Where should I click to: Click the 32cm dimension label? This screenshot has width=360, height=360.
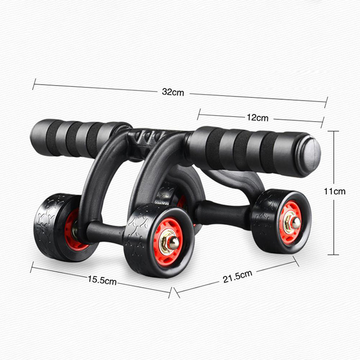pyautogui.click(x=173, y=92)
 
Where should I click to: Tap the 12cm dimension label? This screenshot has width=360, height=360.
pyautogui.click(x=257, y=117)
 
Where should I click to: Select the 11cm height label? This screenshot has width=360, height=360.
pyautogui.click(x=334, y=191)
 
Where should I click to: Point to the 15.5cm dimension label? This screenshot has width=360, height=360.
pyautogui.click(x=102, y=280)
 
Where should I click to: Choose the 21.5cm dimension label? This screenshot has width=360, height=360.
pyautogui.click(x=238, y=276)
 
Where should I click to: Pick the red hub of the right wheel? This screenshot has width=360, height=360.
pyautogui.click(x=290, y=223)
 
